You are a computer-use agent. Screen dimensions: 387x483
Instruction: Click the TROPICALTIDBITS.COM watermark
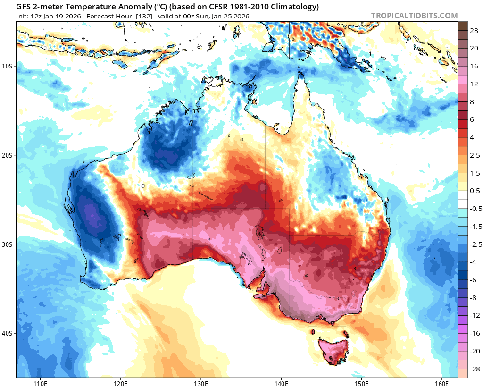[x=414, y=16]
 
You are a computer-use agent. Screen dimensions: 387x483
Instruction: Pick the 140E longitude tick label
[x=281, y=381]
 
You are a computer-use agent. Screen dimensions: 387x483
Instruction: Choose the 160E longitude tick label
[x=442, y=381]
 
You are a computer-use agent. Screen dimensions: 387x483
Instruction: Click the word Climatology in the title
[x=292, y=7]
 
